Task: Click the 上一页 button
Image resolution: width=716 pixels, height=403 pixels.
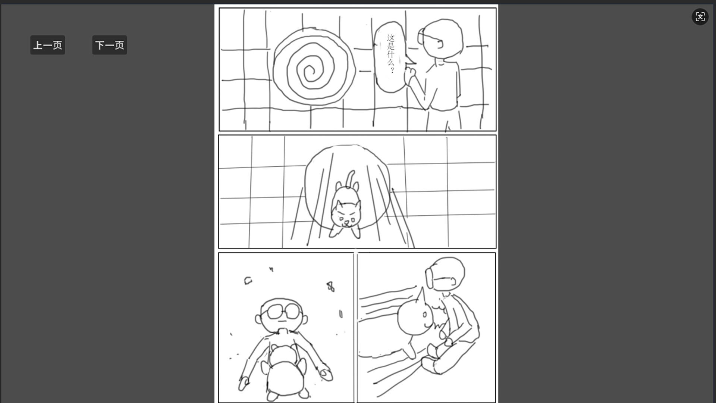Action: (x=48, y=45)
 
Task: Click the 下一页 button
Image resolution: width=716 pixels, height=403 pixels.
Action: (x=110, y=45)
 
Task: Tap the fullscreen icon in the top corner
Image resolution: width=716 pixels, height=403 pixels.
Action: (x=700, y=17)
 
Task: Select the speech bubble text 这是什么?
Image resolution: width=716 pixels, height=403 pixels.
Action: (x=390, y=54)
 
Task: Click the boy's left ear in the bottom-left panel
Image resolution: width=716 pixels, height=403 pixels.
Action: (x=258, y=319)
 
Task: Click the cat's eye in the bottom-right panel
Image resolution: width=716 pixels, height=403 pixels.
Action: (x=424, y=315)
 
